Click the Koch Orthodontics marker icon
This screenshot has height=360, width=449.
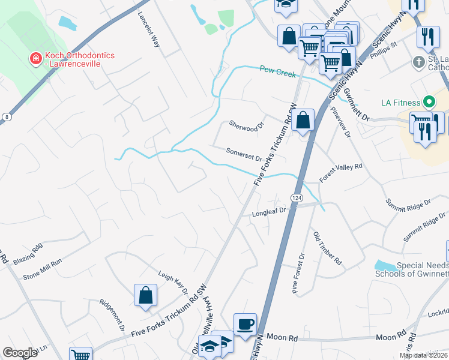pyautogui.click(x=36, y=58)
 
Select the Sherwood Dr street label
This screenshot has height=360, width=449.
pyautogui.click(x=247, y=125)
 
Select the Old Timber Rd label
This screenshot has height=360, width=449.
pyautogui.click(x=328, y=249)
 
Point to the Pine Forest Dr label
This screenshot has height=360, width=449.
pyautogui.click(x=298, y=273)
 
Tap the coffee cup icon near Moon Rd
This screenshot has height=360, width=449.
pyautogui.click(x=245, y=325)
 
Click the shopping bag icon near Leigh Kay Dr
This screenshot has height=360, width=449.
pyautogui.click(x=146, y=295)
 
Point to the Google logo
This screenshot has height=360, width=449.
pyautogui.click(x=20, y=353)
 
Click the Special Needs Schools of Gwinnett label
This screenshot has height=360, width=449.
pyautogui.click(x=411, y=269)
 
